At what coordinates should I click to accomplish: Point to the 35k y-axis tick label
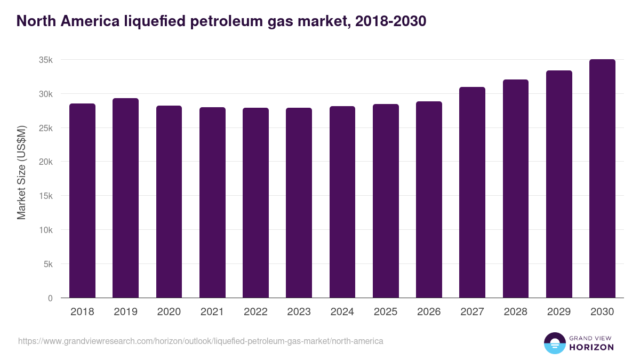(x=46, y=60)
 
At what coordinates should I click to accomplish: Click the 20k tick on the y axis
(x=46, y=162)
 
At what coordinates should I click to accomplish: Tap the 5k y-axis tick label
(x=48, y=264)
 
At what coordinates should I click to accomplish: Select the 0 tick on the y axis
(x=50, y=298)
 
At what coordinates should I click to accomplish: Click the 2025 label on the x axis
(x=385, y=312)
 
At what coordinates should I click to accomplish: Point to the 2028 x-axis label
(x=515, y=312)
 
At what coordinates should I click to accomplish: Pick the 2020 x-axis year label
(x=169, y=312)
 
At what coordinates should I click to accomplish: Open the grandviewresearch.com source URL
(x=201, y=341)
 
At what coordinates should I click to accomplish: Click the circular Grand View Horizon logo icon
(x=555, y=343)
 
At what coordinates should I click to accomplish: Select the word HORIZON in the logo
(x=592, y=347)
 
